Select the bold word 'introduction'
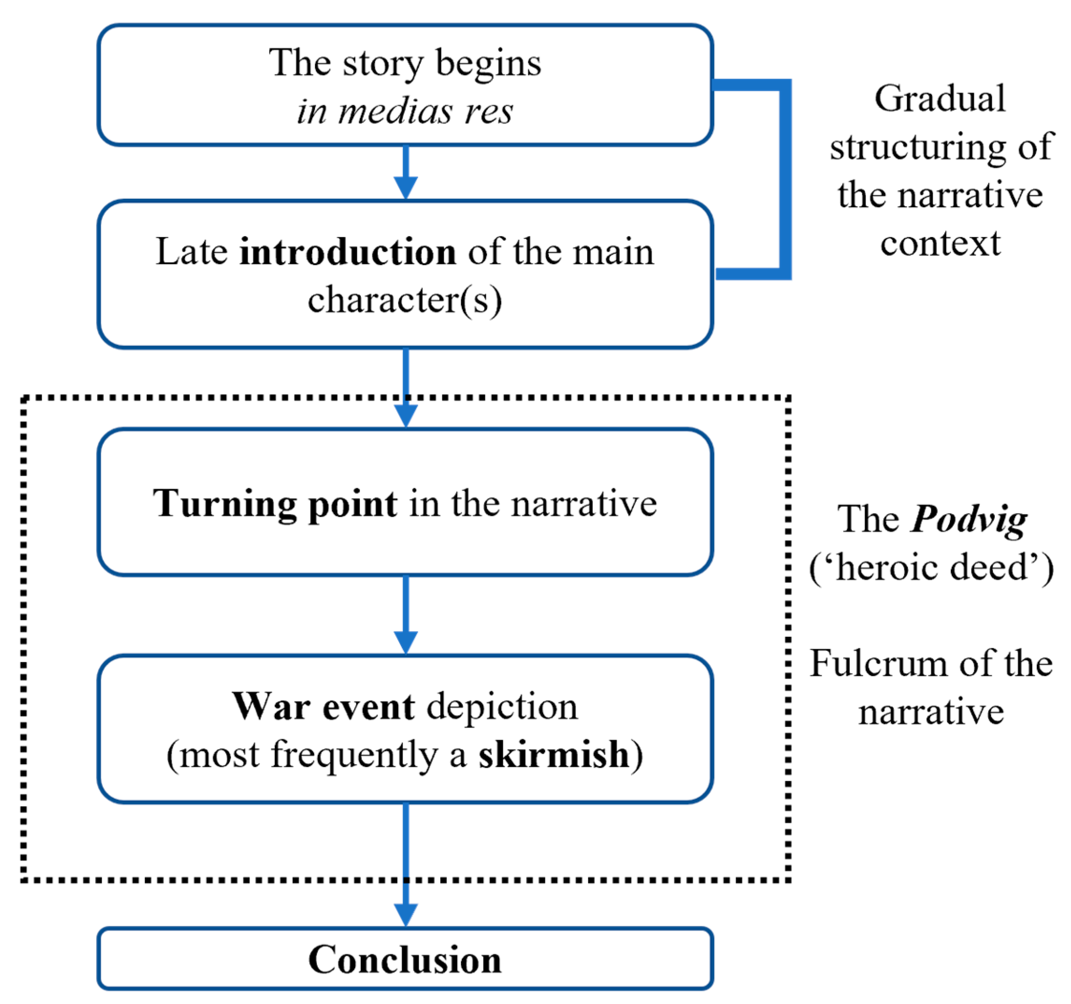[x=347, y=252]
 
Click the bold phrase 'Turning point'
[x=275, y=503]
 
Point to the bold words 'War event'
[x=323, y=707]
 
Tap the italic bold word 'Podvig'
[x=968, y=520]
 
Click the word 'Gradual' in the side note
[x=940, y=99]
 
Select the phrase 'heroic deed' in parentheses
[x=932, y=568]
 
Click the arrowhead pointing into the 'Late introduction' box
[x=406, y=188]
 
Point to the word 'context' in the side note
[x=940, y=244]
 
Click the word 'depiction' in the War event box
[x=502, y=707]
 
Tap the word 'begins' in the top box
[x=488, y=64]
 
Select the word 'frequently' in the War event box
[x=354, y=754]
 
